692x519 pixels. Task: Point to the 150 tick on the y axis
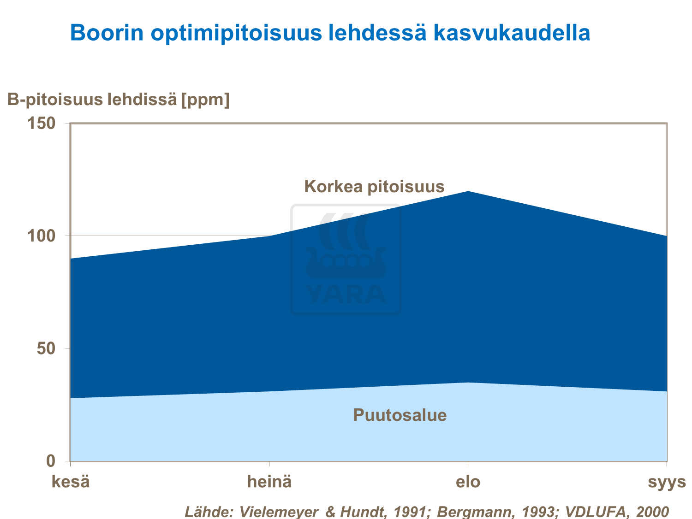coord(41,123)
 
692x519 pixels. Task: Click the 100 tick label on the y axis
coord(41,236)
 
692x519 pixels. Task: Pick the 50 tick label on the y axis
coord(46,348)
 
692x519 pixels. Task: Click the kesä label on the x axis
coord(70,482)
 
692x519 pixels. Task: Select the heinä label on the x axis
coord(269,482)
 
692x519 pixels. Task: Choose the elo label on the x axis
coord(468,482)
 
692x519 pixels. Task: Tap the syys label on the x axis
coord(667,482)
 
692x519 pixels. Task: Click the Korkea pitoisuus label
coord(374,186)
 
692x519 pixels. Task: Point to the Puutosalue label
coord(400,415)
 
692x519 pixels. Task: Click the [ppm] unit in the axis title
coord(205,99)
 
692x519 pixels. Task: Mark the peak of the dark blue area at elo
coord(468,191)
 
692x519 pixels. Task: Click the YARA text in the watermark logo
coord(346,295)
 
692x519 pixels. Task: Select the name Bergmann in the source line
coord(468,512)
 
